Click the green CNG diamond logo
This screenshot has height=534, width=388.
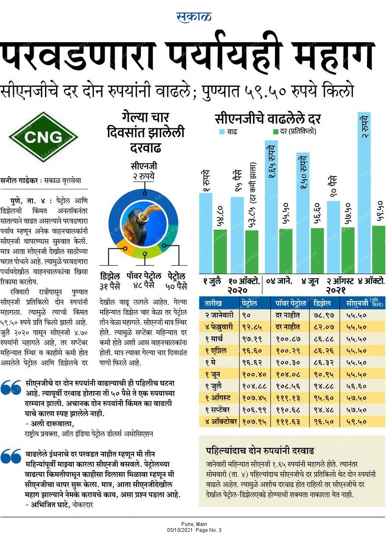[x=43, y=137]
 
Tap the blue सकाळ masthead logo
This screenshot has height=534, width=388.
[x=194, y=17]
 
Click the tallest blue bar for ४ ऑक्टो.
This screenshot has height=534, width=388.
[x=364, y=192]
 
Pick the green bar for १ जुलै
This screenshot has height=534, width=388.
[x=220, y=251]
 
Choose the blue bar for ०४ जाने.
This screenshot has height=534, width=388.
[x=271, y=207]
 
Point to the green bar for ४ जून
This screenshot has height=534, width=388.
[x=317, y=251]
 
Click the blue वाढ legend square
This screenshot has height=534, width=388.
[x=222, y=132]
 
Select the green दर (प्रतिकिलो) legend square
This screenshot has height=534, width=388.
[x=276, y=132]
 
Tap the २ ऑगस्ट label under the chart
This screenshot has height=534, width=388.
[x=339, y=281]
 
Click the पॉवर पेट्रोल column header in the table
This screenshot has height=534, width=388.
[x=290, y=303]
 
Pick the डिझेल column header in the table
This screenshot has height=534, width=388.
[x=322, y=303]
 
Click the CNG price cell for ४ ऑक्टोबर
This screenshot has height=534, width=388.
[x=356, y=422]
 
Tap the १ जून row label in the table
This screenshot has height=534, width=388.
[x=213, y=374]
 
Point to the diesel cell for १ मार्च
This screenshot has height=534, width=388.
[x=323, y=339]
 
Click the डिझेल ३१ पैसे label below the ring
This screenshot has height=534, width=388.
[x=110, y=281]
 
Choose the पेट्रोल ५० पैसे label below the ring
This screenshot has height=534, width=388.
[x=176, y=281]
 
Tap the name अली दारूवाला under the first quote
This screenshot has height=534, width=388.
[x=51, y=424]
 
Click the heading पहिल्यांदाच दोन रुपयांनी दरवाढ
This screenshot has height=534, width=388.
[x=260, y=450]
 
